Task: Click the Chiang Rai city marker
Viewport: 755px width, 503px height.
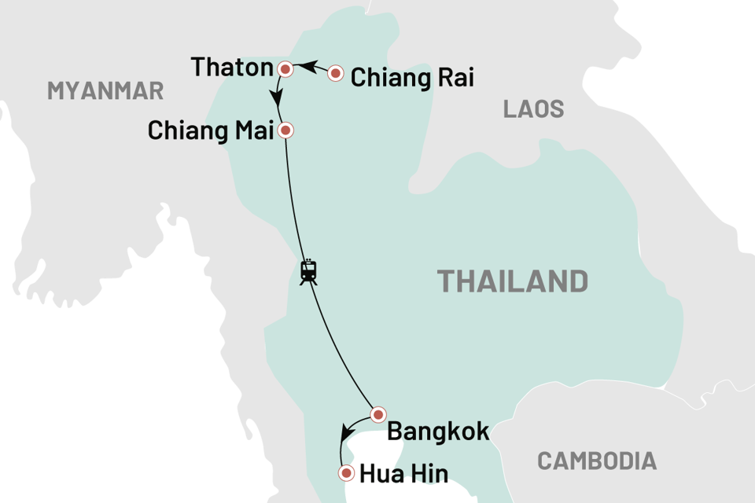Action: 336,74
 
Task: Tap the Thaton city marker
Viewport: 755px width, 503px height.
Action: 286,69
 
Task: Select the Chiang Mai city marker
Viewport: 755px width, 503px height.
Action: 287,130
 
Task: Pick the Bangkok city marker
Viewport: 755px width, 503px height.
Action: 378,414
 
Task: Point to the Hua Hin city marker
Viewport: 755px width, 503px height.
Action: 345,473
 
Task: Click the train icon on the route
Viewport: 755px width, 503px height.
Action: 308,272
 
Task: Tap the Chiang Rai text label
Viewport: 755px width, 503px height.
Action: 412,78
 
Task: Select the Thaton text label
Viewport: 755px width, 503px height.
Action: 232,68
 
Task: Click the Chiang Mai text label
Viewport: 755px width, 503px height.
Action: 210,130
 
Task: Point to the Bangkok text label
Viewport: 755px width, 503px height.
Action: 438,431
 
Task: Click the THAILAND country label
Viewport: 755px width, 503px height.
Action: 512,281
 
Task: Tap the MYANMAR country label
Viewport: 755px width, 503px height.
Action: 105,90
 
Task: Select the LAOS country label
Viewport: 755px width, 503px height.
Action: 534,109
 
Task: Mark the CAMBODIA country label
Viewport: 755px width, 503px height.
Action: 597,461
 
